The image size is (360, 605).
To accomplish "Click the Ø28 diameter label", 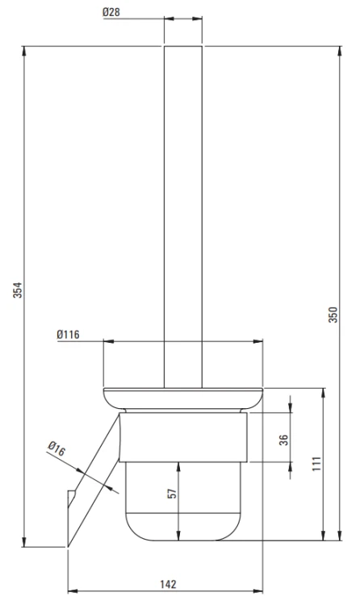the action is click(x=111, y=12).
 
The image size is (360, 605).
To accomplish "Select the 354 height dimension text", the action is click(x=18, y=290).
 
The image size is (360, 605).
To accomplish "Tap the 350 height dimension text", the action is click(x=333, y=315).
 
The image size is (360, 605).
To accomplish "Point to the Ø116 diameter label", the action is click(x=69, y=334).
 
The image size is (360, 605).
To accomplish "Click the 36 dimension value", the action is click(x=284, y=440).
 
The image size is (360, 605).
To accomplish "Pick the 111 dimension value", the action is click(x=316, y=463).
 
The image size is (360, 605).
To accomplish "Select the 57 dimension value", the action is click(x=172, y=493).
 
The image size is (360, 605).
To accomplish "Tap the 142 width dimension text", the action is click(x=168, y=585).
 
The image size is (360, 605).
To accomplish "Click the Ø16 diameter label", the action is click(x=57, y=449).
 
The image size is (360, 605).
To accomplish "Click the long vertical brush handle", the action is click(x=183, y=217).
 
